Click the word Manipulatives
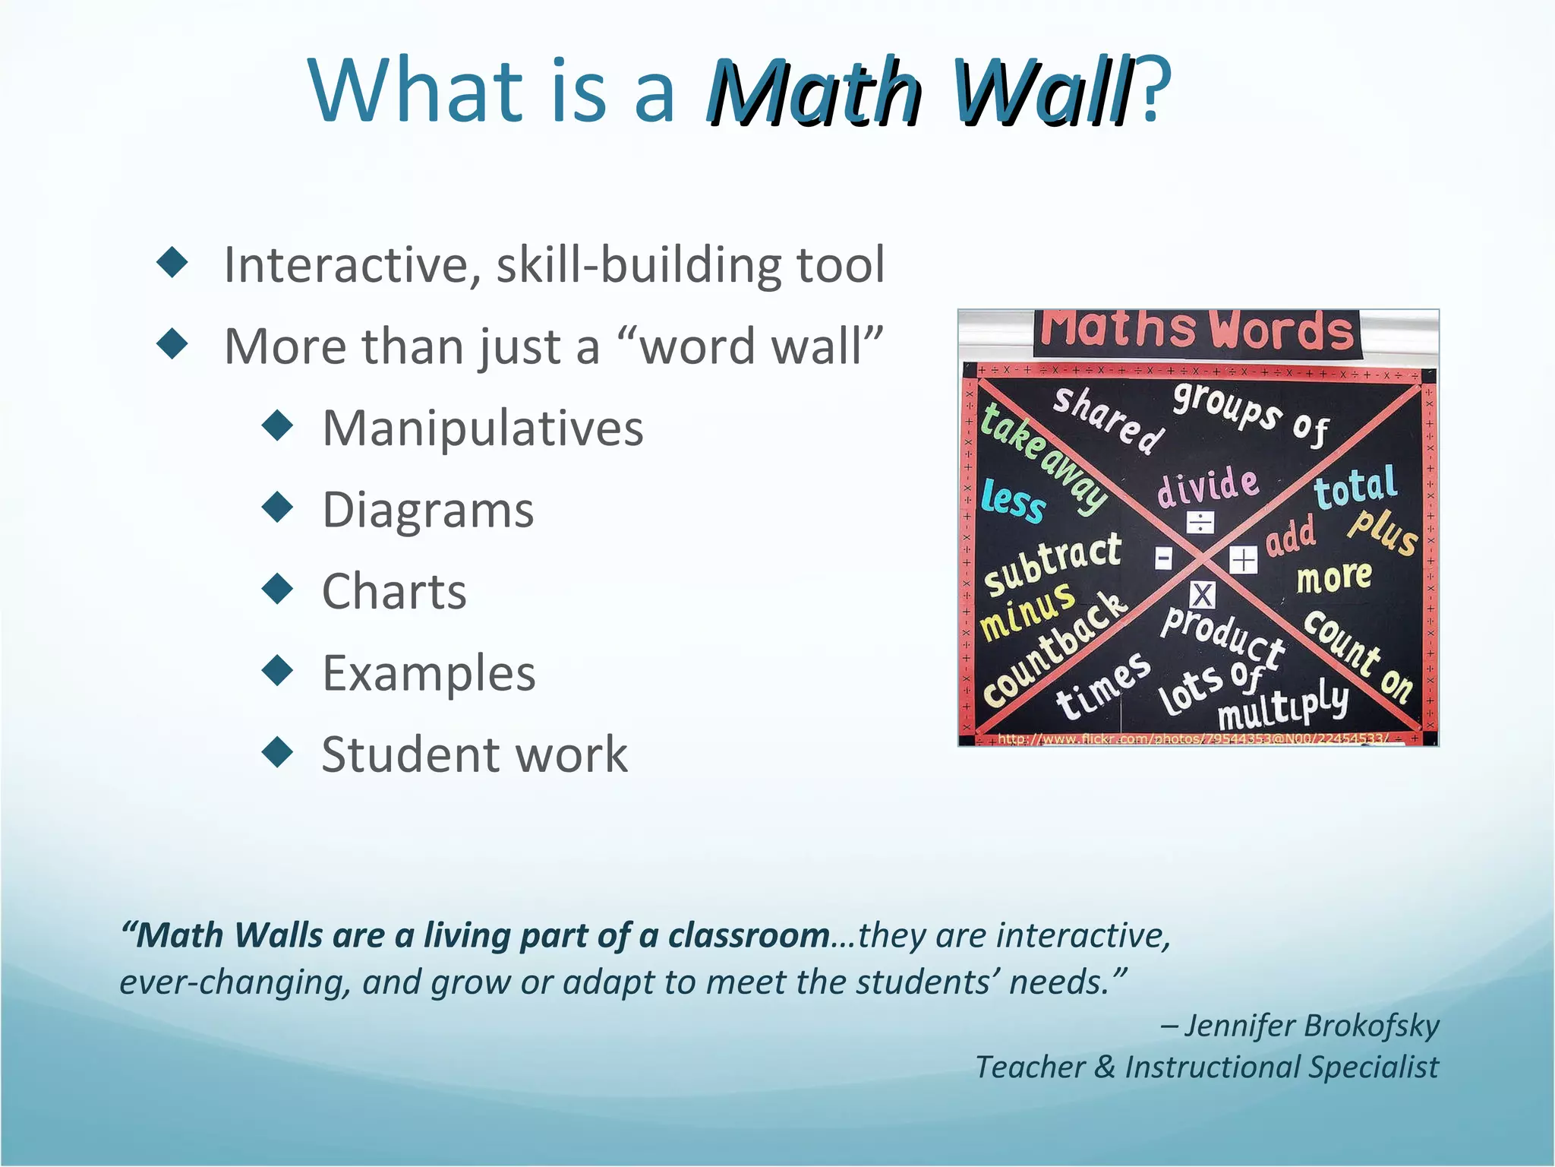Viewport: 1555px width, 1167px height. coord(483,428)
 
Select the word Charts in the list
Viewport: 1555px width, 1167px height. coord(394,591)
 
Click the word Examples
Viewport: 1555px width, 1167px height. coord(429,673)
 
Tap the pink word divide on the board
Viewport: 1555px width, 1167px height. coord(1208,487)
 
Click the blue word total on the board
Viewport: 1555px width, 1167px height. coord(1355,487)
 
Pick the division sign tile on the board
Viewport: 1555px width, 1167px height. coord(1200,522)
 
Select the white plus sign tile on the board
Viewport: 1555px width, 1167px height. coord(1243,561)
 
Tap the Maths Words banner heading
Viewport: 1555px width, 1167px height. coord(1197,331)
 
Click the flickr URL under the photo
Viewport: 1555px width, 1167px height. coord(1192,738)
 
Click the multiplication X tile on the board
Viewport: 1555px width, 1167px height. coord(1203,595)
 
